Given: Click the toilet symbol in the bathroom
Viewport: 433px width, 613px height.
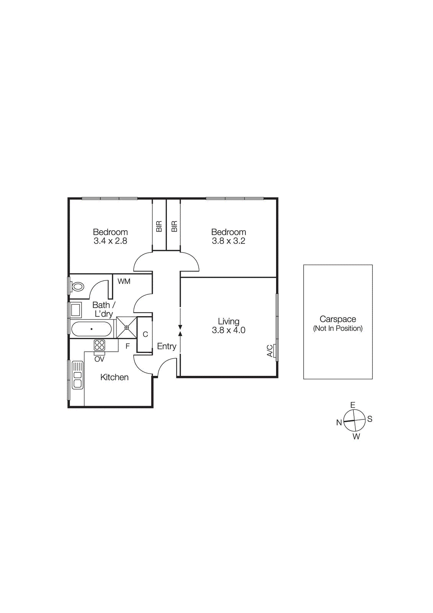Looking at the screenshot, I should tap(78, 287).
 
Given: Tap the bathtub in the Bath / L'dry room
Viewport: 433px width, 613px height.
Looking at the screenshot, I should tap(92, 329).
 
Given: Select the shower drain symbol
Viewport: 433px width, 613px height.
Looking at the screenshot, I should tap(127, 328).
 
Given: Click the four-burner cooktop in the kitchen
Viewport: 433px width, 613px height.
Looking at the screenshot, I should tap(100, 345).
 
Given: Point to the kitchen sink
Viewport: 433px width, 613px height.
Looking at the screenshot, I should tap(78, 375).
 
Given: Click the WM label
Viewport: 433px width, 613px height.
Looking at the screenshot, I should tap(124, 282).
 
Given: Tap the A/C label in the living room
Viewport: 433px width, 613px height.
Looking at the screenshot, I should tap(270, 351).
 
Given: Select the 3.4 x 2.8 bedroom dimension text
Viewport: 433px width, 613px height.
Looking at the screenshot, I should tap(110, 241).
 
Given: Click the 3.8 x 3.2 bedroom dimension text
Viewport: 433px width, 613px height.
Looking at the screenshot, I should tap(229, 241).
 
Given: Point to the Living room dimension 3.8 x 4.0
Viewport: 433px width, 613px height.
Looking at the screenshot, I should tap(229, 330).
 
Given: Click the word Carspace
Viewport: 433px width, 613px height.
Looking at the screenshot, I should tap(338, 319).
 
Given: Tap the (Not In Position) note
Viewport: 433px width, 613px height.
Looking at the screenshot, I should tap(338, 328).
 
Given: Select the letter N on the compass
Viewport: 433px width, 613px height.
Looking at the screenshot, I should tap(339, 423).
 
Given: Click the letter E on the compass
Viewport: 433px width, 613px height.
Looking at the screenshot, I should tap(353, 405).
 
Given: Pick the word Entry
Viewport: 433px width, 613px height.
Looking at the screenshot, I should tap(167, 346).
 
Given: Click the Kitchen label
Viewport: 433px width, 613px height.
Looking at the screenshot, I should tap(114, 377).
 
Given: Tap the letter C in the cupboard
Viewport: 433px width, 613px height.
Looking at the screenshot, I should tap(145, 334).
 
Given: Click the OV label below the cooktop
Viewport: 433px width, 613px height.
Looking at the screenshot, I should tap(99, 359).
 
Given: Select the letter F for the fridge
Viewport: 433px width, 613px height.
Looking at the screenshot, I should tap(127, 346).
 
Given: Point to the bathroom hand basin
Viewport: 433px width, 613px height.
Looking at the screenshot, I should tap(76, 310).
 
